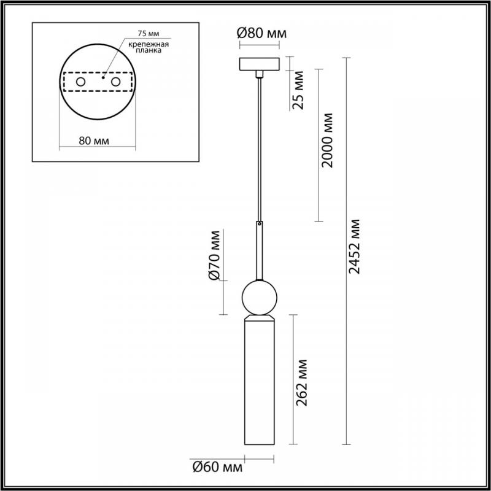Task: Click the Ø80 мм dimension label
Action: coord(262,33)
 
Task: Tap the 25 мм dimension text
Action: coord(298,90)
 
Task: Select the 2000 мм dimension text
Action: coord(328,141)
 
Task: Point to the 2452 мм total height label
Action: coord(355,247)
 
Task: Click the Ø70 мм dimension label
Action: coord(215,255)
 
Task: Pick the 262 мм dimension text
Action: coord(301,382)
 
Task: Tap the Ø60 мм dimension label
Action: coord(218,468)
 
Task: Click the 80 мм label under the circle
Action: coord(94,141)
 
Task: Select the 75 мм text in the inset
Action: coord(149,33)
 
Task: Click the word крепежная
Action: coord(149,44)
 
